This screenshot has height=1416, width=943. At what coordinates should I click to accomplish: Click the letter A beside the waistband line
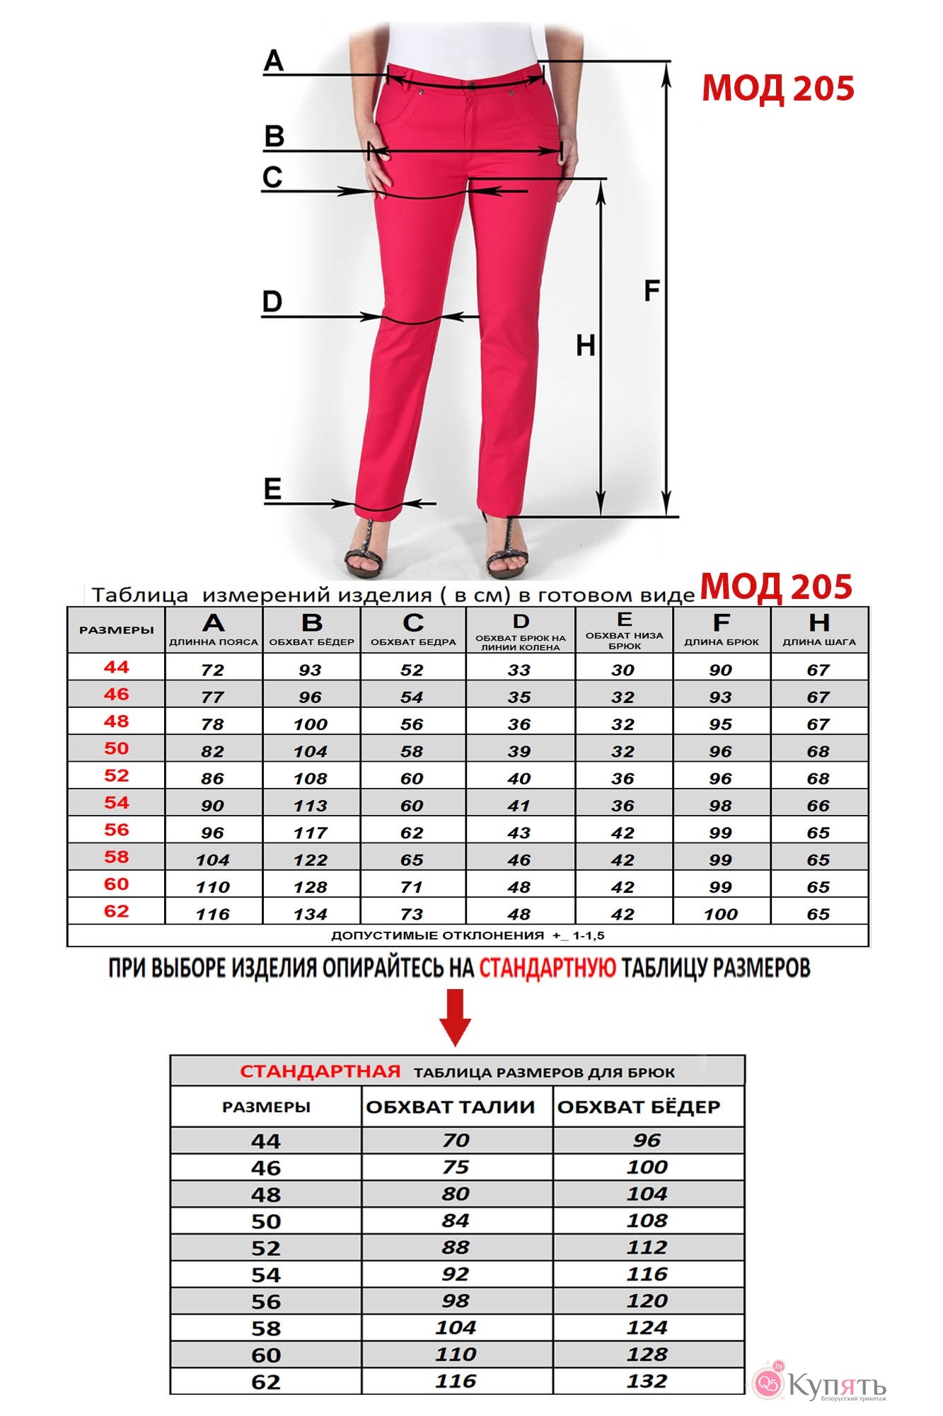click(274, 61)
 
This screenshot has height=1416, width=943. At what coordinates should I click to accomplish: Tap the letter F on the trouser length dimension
click(652, 290)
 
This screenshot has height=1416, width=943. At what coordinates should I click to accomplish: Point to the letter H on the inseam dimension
click(585, 346)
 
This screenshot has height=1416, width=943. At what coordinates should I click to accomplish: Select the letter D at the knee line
click(272, 302)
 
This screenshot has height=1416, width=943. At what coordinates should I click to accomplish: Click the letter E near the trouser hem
click(272, 489)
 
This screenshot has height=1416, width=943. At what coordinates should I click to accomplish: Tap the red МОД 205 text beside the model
click(777, 88)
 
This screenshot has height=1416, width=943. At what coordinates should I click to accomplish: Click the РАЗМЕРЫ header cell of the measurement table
click(116, 629)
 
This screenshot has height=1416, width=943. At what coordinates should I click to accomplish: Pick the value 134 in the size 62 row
click(311, 914)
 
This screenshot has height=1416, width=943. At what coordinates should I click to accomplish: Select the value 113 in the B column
click(311, 806)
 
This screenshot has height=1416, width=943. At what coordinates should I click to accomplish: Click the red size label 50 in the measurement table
click(116, 748)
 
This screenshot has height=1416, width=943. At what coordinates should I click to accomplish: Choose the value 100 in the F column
click(720, 914)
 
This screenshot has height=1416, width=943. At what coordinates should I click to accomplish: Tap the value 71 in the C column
click(412, 887)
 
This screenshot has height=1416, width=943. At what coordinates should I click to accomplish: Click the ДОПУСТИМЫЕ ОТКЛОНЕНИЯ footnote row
click(468, 935)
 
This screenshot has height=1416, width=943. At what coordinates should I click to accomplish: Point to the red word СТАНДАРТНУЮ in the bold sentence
click(548, 968)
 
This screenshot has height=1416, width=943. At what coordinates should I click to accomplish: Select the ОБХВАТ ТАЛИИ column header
click(451, 1107)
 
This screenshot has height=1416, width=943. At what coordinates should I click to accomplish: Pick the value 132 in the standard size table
click(647, 1381)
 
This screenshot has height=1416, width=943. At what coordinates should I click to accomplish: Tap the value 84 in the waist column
click(455, 1221)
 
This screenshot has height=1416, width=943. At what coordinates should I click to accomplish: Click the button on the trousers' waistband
click(471, 85)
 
